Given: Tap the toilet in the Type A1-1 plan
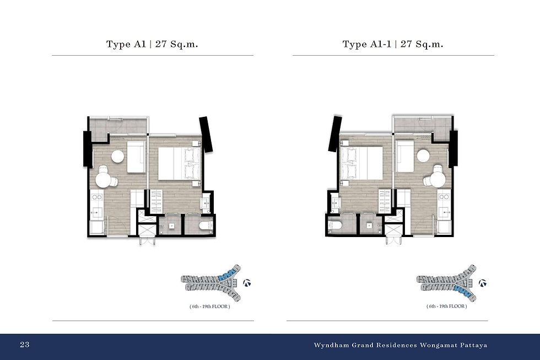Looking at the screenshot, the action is (x=335, y=225).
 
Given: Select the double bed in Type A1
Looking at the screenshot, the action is (x=180, y=163).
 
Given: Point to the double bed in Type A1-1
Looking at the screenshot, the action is (x=361, y=163).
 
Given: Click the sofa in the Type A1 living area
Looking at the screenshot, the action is (x=136, y=157).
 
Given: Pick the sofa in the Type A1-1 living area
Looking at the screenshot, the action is (x=405, y=157).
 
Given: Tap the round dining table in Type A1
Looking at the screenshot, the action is (x=104, y=179).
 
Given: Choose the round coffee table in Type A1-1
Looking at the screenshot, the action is (x=423, y=156).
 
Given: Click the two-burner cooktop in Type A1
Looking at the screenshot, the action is (x=97, y=197).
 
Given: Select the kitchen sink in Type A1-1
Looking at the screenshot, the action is (x=444, y=213).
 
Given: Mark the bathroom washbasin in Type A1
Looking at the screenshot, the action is (x=205, y=203).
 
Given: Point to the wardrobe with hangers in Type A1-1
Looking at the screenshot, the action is (x=385, y=201).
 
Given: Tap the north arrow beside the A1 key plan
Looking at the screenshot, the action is (x=247, y=283).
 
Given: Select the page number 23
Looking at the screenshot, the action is (x=25, y=345).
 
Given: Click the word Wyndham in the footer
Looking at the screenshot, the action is (x=331, y=345).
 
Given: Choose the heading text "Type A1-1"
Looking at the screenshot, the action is (x=367, y=44).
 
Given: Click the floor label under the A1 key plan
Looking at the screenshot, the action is (x=210, y=307).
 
